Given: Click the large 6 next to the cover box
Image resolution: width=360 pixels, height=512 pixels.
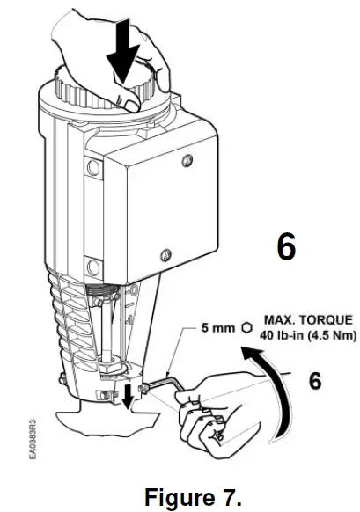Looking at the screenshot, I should [x=287, y=247].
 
